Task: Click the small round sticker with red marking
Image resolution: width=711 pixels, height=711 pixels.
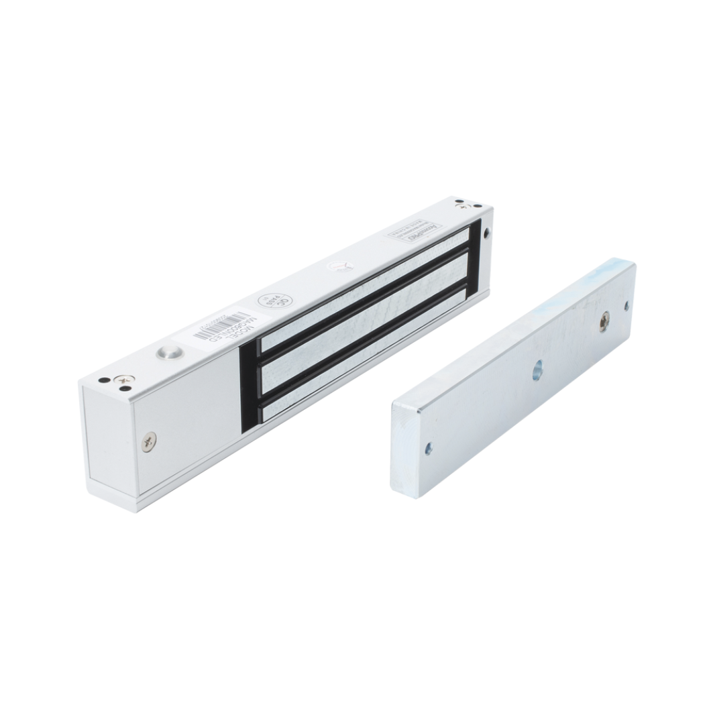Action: coord(339,266)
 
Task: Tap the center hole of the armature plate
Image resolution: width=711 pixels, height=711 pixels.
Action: coord(537,370)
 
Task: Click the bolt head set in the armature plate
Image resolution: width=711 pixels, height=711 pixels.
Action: coord(606,321)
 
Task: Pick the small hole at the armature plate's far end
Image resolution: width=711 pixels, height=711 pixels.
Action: coord(626,306)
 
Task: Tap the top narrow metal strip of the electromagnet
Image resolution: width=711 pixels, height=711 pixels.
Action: coord(366,274)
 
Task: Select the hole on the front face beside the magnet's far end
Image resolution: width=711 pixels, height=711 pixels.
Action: coord(486,232)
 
